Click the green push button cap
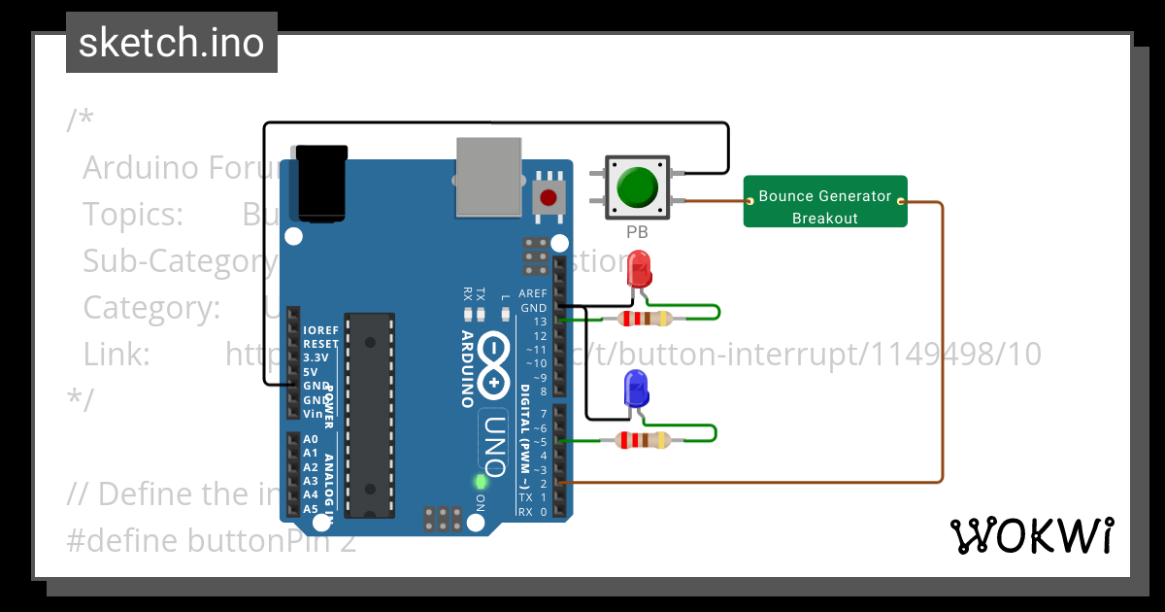tap(637, 187)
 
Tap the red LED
tap(639, 269)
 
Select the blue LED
tap(637, 389)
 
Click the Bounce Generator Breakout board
tap(825, 202)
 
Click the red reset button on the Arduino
tap(549, 197)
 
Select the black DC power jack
tap(322, 182)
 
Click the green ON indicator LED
tap(480, 481)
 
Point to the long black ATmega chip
tap(370, 415)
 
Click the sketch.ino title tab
tap(172, 43)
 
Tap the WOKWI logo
tap(1031, 536)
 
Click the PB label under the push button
tap(637, 233)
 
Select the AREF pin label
tap(533, 293)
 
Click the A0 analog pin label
tap(311, 439)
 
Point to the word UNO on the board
tap(493, 442)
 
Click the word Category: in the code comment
tap(151, 307)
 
